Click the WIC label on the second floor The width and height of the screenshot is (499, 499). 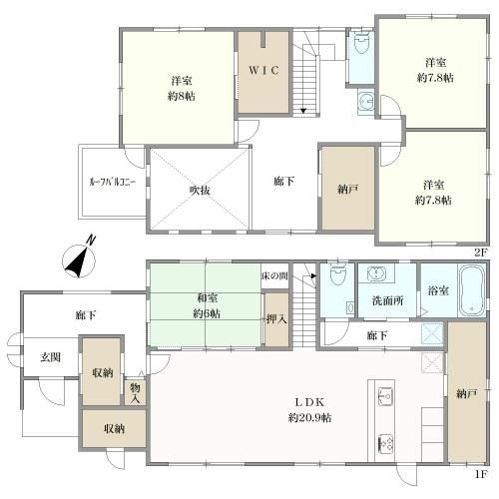coord(263,70)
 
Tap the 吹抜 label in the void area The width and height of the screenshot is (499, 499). coord(200,191)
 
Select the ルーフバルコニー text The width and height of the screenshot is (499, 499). coord(113,182)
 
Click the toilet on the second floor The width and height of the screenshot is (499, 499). coord(361,42)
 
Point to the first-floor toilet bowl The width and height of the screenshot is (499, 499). coord(337,273)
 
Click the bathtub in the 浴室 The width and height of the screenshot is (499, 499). coord(472,290)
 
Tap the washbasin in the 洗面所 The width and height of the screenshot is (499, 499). coord(376,273)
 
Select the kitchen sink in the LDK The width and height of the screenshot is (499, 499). coord(385,396)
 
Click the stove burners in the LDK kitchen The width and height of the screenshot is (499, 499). coord(385,444)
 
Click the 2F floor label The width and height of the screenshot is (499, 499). coord(481,252)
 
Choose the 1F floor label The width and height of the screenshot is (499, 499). coord(481,474)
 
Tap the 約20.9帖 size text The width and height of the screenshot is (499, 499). coord(309,418)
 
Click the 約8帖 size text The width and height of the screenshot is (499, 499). coord(182,97)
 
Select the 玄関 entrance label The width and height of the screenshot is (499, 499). coord(51,357)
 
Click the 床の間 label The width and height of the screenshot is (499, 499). coord(274,275)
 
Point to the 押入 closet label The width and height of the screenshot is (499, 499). coord(276,319)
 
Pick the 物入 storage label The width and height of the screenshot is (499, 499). coord(135,393)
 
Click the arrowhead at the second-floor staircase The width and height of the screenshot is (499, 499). coord(303,111)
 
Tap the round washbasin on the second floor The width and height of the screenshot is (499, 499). coord(366,101)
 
